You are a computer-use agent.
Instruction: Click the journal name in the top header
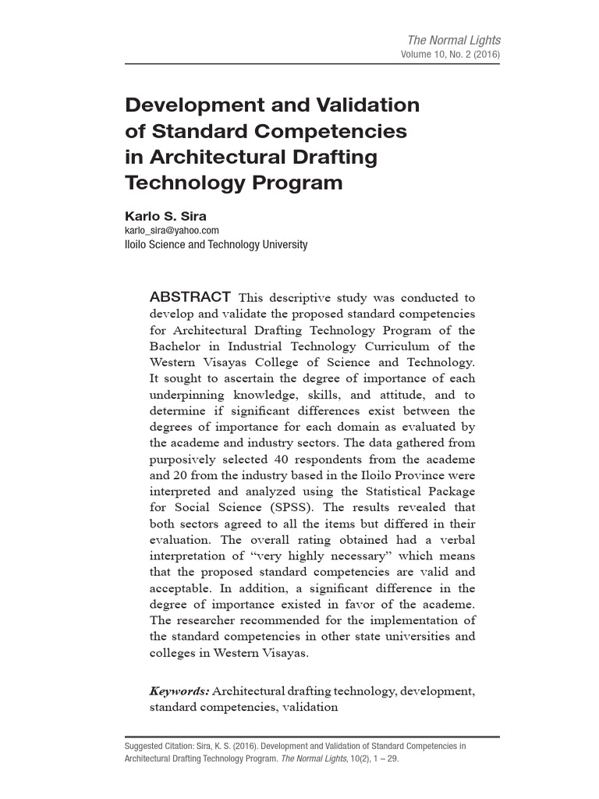point(455,40)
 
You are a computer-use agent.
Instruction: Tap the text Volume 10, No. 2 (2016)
point(450,55)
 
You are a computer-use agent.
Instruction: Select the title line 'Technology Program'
point(234,183)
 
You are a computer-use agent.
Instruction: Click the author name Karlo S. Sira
point(166,216)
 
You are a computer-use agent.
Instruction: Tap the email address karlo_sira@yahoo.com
point(172,230)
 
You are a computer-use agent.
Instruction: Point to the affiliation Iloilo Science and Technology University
point(216,245)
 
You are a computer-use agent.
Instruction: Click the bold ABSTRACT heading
point(189,297)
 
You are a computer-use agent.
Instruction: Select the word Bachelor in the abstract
point(178,346)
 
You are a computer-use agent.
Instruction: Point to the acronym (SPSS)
point(305,508)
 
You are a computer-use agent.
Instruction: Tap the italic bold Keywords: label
point(179,691)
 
